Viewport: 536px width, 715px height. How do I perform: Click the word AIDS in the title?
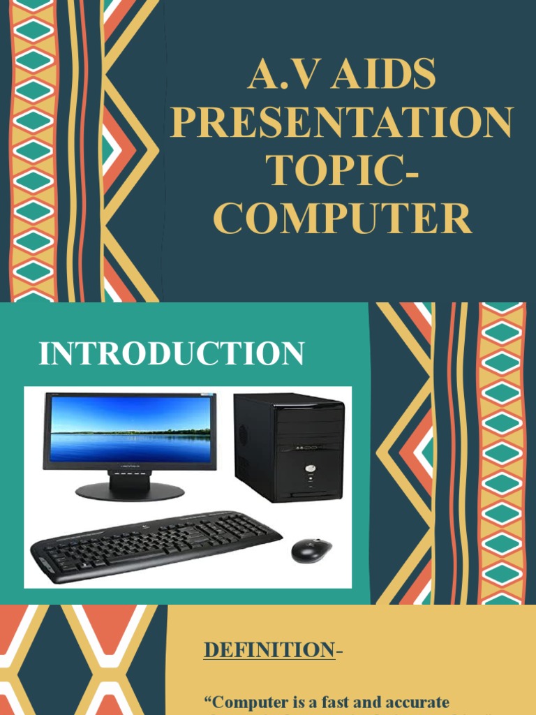click(383, 75)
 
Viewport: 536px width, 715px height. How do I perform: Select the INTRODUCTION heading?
click(172, 353)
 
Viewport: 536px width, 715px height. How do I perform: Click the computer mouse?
click(311, 550)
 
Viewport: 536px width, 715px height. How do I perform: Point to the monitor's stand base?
click(130, 492)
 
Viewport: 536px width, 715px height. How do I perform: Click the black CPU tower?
click(290, 447)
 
